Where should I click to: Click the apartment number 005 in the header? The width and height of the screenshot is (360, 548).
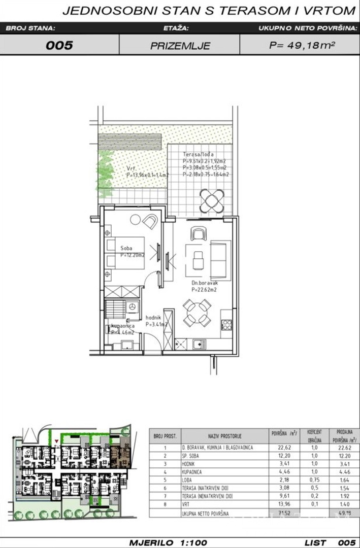[x=59, y=45]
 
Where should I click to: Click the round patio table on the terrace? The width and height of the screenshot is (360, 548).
[x=210, y=200]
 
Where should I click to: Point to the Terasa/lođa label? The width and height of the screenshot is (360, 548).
[x=199, y=155]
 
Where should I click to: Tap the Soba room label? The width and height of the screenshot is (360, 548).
[x=127, y=249]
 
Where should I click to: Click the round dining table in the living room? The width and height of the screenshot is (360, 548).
[x=197, y=313]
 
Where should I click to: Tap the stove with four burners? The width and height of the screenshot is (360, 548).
[x=226, y=324]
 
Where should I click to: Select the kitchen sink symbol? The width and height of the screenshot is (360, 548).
[x=197, y=344]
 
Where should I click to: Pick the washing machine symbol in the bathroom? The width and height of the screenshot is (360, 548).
[x=133, y=307]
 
